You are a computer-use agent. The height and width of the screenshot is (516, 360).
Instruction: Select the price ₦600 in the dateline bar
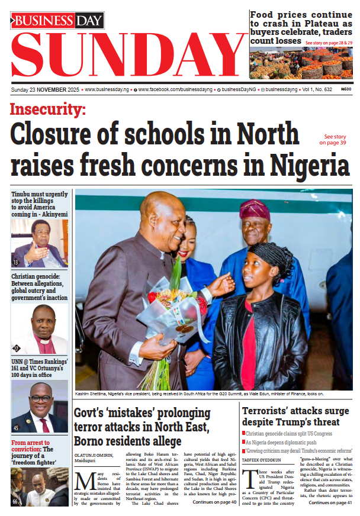point(346,89)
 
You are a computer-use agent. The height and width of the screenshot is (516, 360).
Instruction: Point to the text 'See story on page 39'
point(335,140)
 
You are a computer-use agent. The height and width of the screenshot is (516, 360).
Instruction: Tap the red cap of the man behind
point(255,208)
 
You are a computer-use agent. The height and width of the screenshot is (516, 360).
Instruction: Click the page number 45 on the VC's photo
point(16,428)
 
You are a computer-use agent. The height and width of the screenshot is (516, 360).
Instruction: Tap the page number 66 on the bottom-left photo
point(15,502)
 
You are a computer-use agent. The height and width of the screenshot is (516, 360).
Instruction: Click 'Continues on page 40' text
point(214,502)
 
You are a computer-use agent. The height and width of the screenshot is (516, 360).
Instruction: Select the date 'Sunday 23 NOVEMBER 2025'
point(45,89)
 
